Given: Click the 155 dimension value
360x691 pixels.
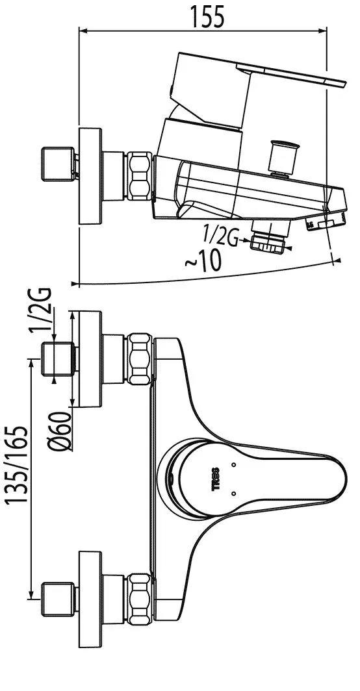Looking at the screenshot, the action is coord(207,16).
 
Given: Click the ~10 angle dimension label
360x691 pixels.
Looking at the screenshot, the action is coord(203,262).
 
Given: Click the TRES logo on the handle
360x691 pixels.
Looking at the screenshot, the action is coord(216,478).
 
